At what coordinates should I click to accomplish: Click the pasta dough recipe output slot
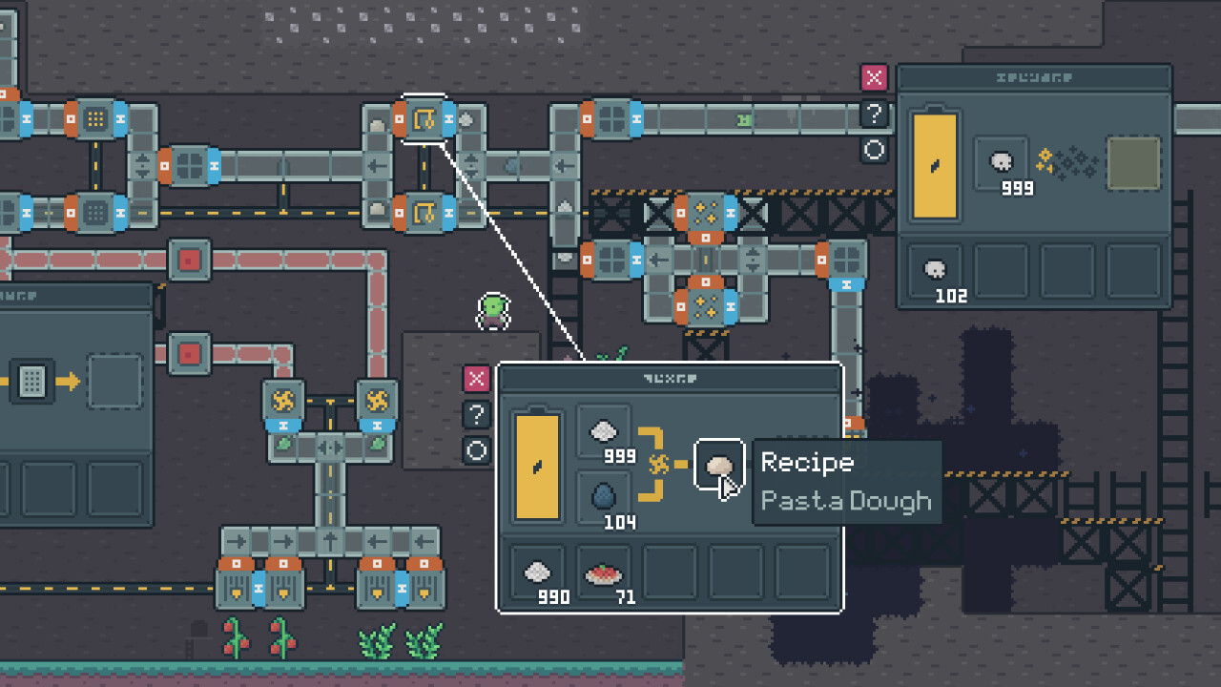(x=718, y=465)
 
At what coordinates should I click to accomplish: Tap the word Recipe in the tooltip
(x=807, y=463)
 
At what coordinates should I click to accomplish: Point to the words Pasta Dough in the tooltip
(x=846, y=500)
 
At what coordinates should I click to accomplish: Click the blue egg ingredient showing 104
(x=603, y=497)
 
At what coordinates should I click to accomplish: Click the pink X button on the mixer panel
(x=476, y=379)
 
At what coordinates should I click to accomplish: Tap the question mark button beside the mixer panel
(x=476, y=415)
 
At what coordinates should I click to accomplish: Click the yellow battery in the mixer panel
(x=537, y=467)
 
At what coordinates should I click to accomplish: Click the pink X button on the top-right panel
(x=874, y=78)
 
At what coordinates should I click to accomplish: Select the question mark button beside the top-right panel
(x=874, y=114)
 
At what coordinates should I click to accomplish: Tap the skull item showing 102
(x=936, y=273)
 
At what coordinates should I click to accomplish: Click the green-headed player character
(x=493, y=311)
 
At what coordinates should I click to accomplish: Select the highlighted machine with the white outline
(x=424, y=119)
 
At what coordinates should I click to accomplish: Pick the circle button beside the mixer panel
(x=476, y=450)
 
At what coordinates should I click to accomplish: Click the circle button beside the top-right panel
(x=874, y=150)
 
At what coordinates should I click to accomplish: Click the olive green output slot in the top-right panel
(x=1133, y=163)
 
